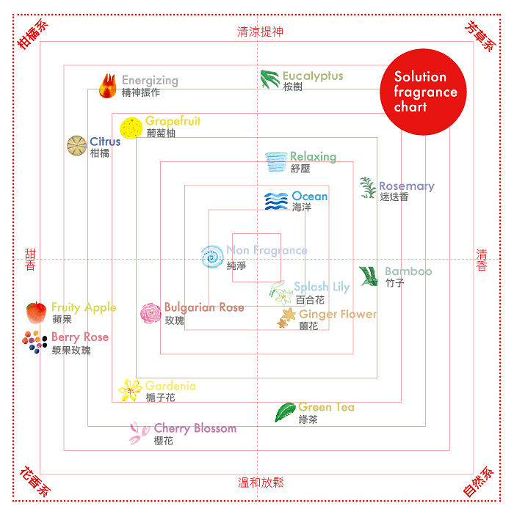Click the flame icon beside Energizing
(108, 86)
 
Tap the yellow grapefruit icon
(131, 128)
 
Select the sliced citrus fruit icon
(76, 145)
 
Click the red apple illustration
(36, 312)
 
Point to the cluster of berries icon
(35, 342)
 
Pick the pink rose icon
(151, 313)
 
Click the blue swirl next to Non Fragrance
(212, 257)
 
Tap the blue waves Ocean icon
(276, 201)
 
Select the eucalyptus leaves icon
(269, 79)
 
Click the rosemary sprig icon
(368, 188)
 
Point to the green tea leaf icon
(285, 412)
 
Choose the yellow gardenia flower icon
(130, 390)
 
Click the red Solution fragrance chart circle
(423, 92)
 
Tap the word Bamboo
(408, 271)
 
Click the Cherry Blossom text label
(195, 428)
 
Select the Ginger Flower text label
(338, 314)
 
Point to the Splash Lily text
(322, 287)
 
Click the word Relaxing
(314, 157)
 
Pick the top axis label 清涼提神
(260, 32)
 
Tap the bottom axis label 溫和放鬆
(261, 483)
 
